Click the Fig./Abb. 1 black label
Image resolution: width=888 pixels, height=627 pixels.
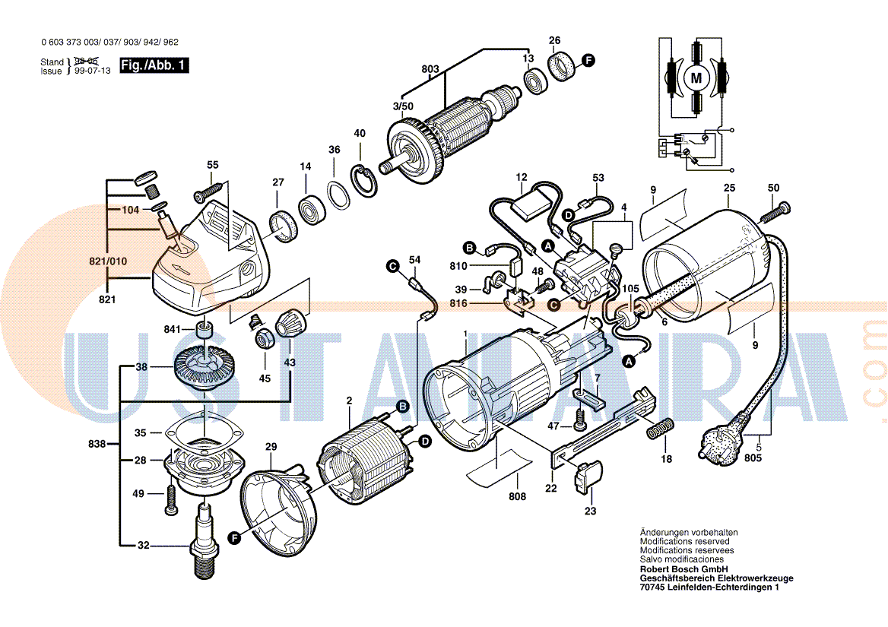click(154, 66)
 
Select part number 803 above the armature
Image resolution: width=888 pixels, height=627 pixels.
click(430, 69)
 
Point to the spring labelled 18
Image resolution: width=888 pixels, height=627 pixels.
click(658, 430)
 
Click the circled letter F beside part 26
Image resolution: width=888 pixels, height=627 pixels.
click(588, 60)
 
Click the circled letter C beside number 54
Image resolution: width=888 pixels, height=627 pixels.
click(392, 265)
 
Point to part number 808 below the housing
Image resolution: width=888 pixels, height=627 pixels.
click(517, 498)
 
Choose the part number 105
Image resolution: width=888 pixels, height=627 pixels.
click(631, 289)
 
